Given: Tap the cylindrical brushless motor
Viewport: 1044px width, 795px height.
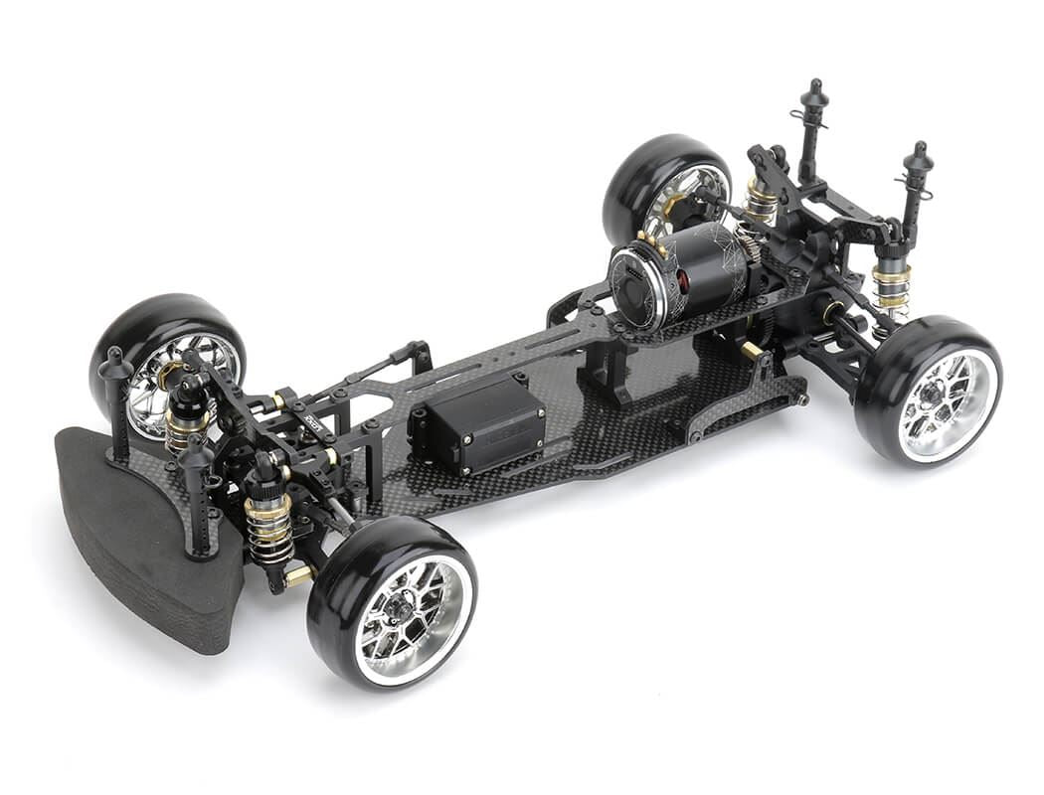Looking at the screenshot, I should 686,273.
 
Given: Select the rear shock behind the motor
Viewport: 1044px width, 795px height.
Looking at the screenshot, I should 762,204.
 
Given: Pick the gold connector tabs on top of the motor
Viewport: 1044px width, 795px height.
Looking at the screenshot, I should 651,238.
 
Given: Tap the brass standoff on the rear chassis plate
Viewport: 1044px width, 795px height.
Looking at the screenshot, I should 752,349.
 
